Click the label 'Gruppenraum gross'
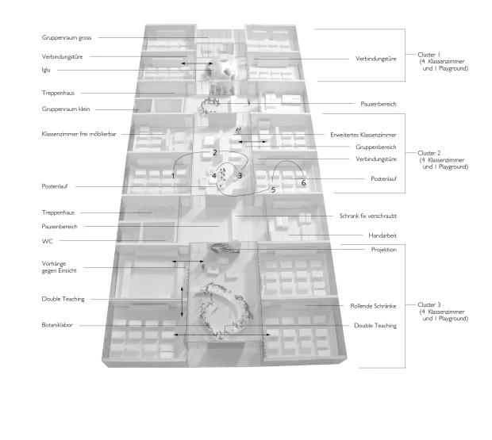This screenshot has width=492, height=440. (x=67, y=37)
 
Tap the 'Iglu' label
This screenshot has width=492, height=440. (x=46, y=70)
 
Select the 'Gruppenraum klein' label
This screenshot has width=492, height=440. (x=66, y=109)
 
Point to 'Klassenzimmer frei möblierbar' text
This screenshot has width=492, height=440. (x=79, y=134)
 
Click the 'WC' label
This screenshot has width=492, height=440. (x=47, y=241)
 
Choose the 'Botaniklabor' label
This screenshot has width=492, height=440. (x=57, y=325)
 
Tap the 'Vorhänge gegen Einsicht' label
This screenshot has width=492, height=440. (x=60, y=267)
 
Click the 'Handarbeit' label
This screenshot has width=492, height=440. (x=382, y=235)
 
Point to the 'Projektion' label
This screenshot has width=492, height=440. (x=384, y=250)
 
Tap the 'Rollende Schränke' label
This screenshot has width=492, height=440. (x=374, y=306)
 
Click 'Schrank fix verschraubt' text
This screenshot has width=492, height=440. (x=368, y=216)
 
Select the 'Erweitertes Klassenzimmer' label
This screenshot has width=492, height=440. (x=363, y=135)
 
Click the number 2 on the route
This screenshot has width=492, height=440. (x=214, y=153)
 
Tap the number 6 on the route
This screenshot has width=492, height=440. (x=303, y=182)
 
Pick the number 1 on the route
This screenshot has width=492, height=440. (x=172, y=176)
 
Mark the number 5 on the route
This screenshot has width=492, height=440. (x=273, y=190)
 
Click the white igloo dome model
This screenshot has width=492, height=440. (x=222, y=67)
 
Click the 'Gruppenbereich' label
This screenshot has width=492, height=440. (x=376, y=147)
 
